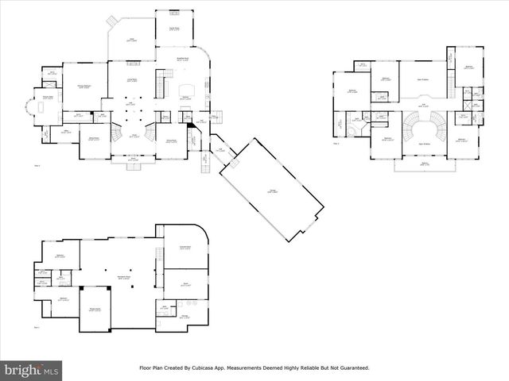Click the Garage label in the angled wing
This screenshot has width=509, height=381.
pos(272,190)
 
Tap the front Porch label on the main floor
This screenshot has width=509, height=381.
pos(132,160)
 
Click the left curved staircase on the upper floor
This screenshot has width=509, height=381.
pos(410,125)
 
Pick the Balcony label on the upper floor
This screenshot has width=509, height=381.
pos(425,164)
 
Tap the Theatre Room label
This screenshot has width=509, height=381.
pos(95,310)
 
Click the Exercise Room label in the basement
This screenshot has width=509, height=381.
pos(185,248)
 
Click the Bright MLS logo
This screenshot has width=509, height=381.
pos(32,370)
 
